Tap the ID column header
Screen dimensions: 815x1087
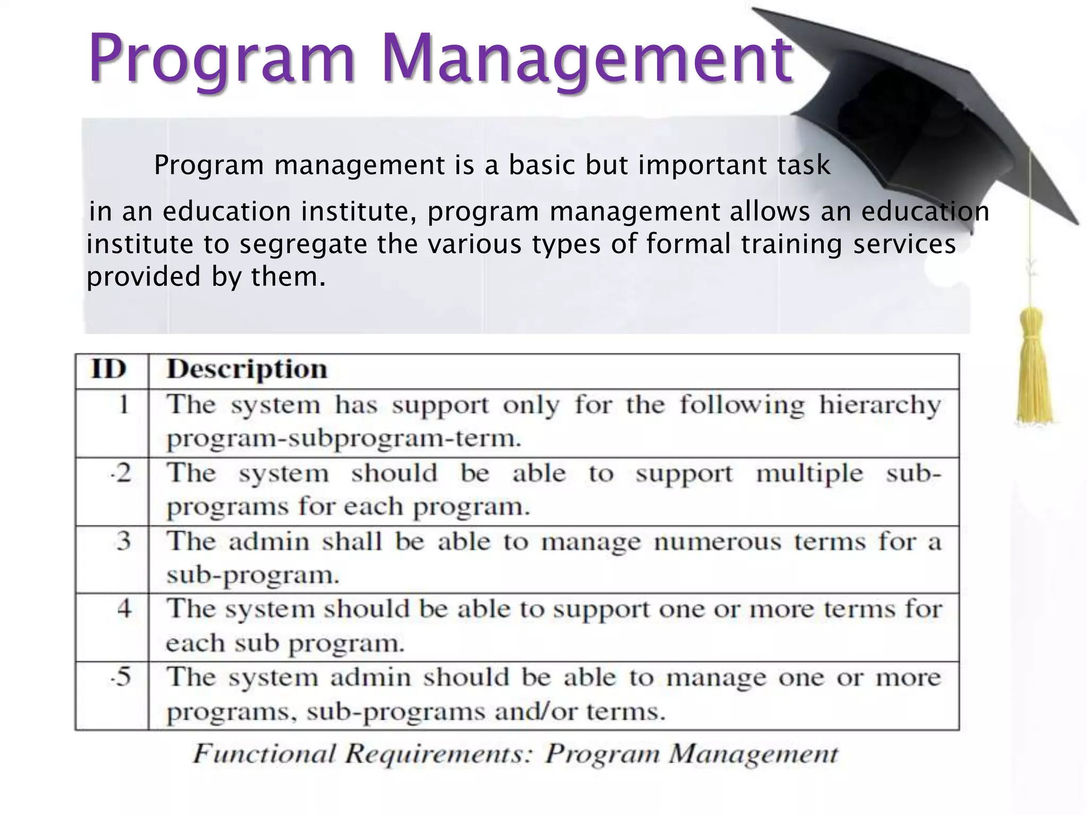[109, 369]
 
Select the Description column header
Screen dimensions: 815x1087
[247, 369]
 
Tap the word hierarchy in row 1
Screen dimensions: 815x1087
[879, 405]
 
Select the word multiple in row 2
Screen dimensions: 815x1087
[809, 473]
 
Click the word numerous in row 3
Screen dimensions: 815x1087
[717, 542]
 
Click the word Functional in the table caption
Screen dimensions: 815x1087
[264, 754]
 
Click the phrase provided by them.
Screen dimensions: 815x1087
[206, 277]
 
